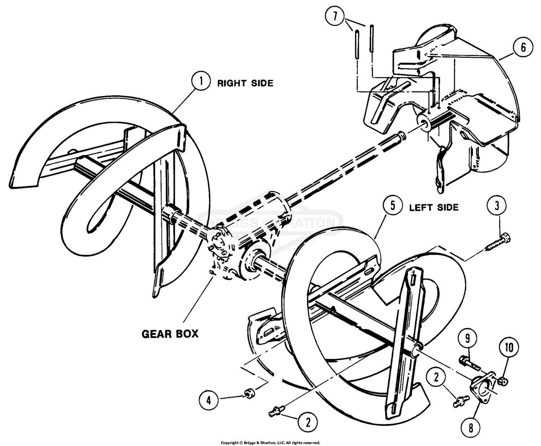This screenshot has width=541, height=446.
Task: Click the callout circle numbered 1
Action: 201,82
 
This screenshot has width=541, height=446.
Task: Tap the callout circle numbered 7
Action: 335,17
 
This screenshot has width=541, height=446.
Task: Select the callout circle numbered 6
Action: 523,47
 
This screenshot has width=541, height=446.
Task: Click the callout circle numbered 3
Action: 497,206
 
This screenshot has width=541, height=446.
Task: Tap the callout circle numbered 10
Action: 509,348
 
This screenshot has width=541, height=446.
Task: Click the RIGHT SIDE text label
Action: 245,83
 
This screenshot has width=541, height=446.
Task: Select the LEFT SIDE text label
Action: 434,208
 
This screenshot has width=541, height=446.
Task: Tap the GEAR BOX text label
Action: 170,333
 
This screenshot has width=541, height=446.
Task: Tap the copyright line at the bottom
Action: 270,442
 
